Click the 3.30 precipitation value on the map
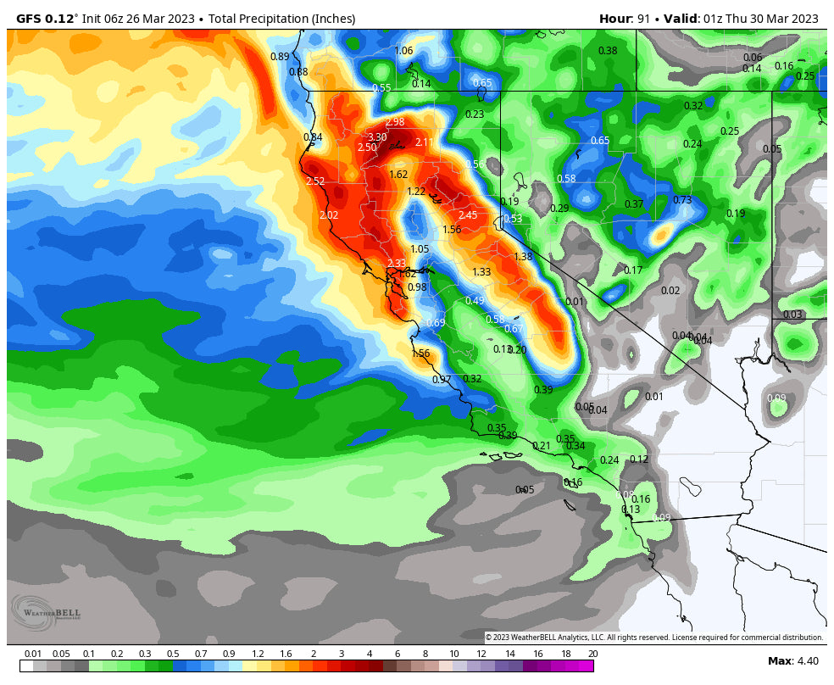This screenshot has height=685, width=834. click(376, 137)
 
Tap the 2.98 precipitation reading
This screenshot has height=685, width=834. click(395, 123)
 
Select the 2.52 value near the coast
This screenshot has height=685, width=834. click(315, 181)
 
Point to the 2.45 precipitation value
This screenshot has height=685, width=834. click(467, 215)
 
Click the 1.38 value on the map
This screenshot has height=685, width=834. click(523, 257)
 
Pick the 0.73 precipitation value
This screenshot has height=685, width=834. click(682, 200)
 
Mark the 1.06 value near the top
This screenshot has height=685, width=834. click(403, 51)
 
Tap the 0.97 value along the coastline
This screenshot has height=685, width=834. click(442, 380)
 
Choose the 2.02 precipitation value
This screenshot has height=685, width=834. click(329, 215)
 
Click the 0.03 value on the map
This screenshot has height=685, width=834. click(792, 315)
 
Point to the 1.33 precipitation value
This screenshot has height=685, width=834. click(481, 272)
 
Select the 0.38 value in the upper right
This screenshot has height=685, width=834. click(608, 51)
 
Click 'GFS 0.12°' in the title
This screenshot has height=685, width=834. click(47, 19)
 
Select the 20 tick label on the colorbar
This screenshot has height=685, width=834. click(592, 654)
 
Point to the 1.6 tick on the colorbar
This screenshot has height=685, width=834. click(286, 654)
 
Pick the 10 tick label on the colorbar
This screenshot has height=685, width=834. click(454, 654)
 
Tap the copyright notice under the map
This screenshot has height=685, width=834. click(653, 638)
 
